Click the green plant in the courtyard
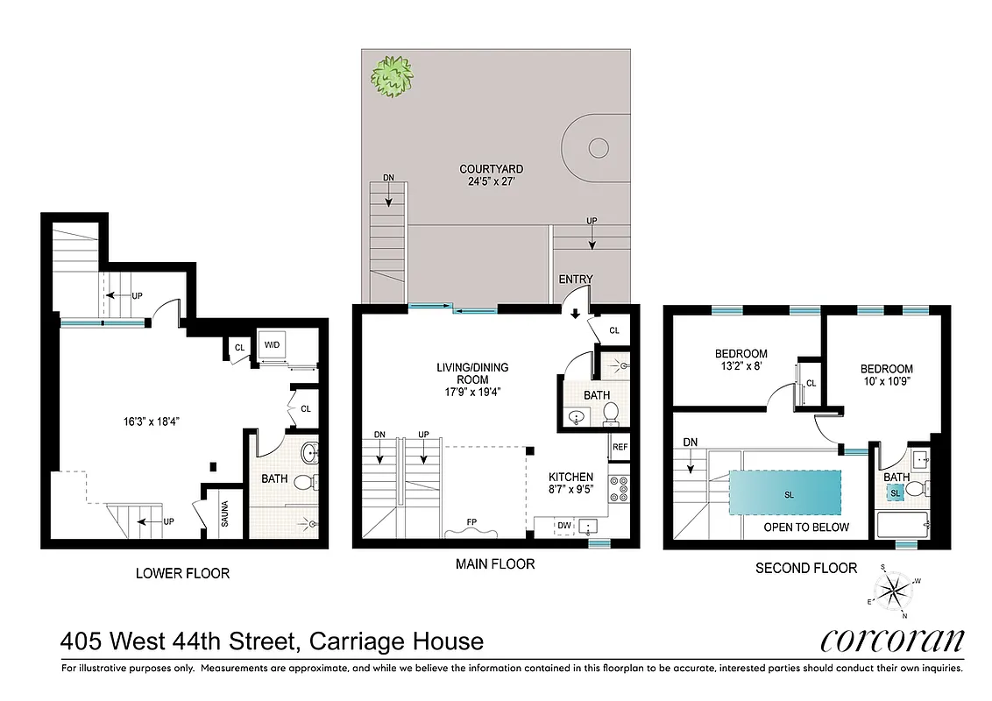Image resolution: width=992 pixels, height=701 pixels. click(x=392, y=76)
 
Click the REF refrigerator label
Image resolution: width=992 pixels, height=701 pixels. click(x=620, y=447)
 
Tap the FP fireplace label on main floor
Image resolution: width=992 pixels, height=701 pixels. click(x=471, y=522)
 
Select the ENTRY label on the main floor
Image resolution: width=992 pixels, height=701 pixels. click(x=576, y=280)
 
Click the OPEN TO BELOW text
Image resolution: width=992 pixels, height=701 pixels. click(x=806, y=528)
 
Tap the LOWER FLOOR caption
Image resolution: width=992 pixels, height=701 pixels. click(x=182, y=573)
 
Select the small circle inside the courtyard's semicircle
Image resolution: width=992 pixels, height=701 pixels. click(x=598, y=147)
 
